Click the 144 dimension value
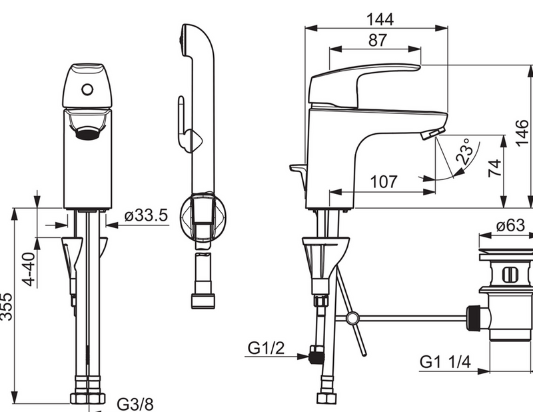coord(380,19)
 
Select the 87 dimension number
coord(377,40)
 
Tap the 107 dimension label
coord(384,182)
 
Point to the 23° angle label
coord(464,151)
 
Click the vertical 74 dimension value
coord(495,168)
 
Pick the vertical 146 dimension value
coord(522,133)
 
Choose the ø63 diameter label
coord(510,225)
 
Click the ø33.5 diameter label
coord(146,215)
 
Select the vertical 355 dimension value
coord(7,307)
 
